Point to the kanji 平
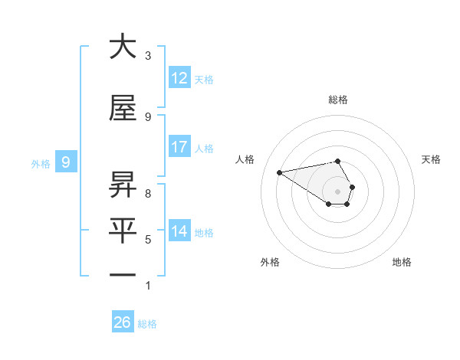point(123,228)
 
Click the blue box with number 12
point(179,78)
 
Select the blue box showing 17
point(179,147)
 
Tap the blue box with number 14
point(179,231)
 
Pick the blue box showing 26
point(123,322)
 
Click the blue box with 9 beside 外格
point(66,162)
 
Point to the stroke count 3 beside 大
point(148,55)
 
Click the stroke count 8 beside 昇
point(148,194)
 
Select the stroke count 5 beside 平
point(148,240)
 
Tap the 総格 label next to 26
point(147,324)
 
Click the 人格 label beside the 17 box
point(204,149)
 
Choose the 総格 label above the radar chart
point(338,100)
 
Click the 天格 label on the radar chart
point(432,159)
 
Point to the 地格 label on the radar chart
point(402,262)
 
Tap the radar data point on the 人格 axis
point(280,172)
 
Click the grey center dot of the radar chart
point(338,191)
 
